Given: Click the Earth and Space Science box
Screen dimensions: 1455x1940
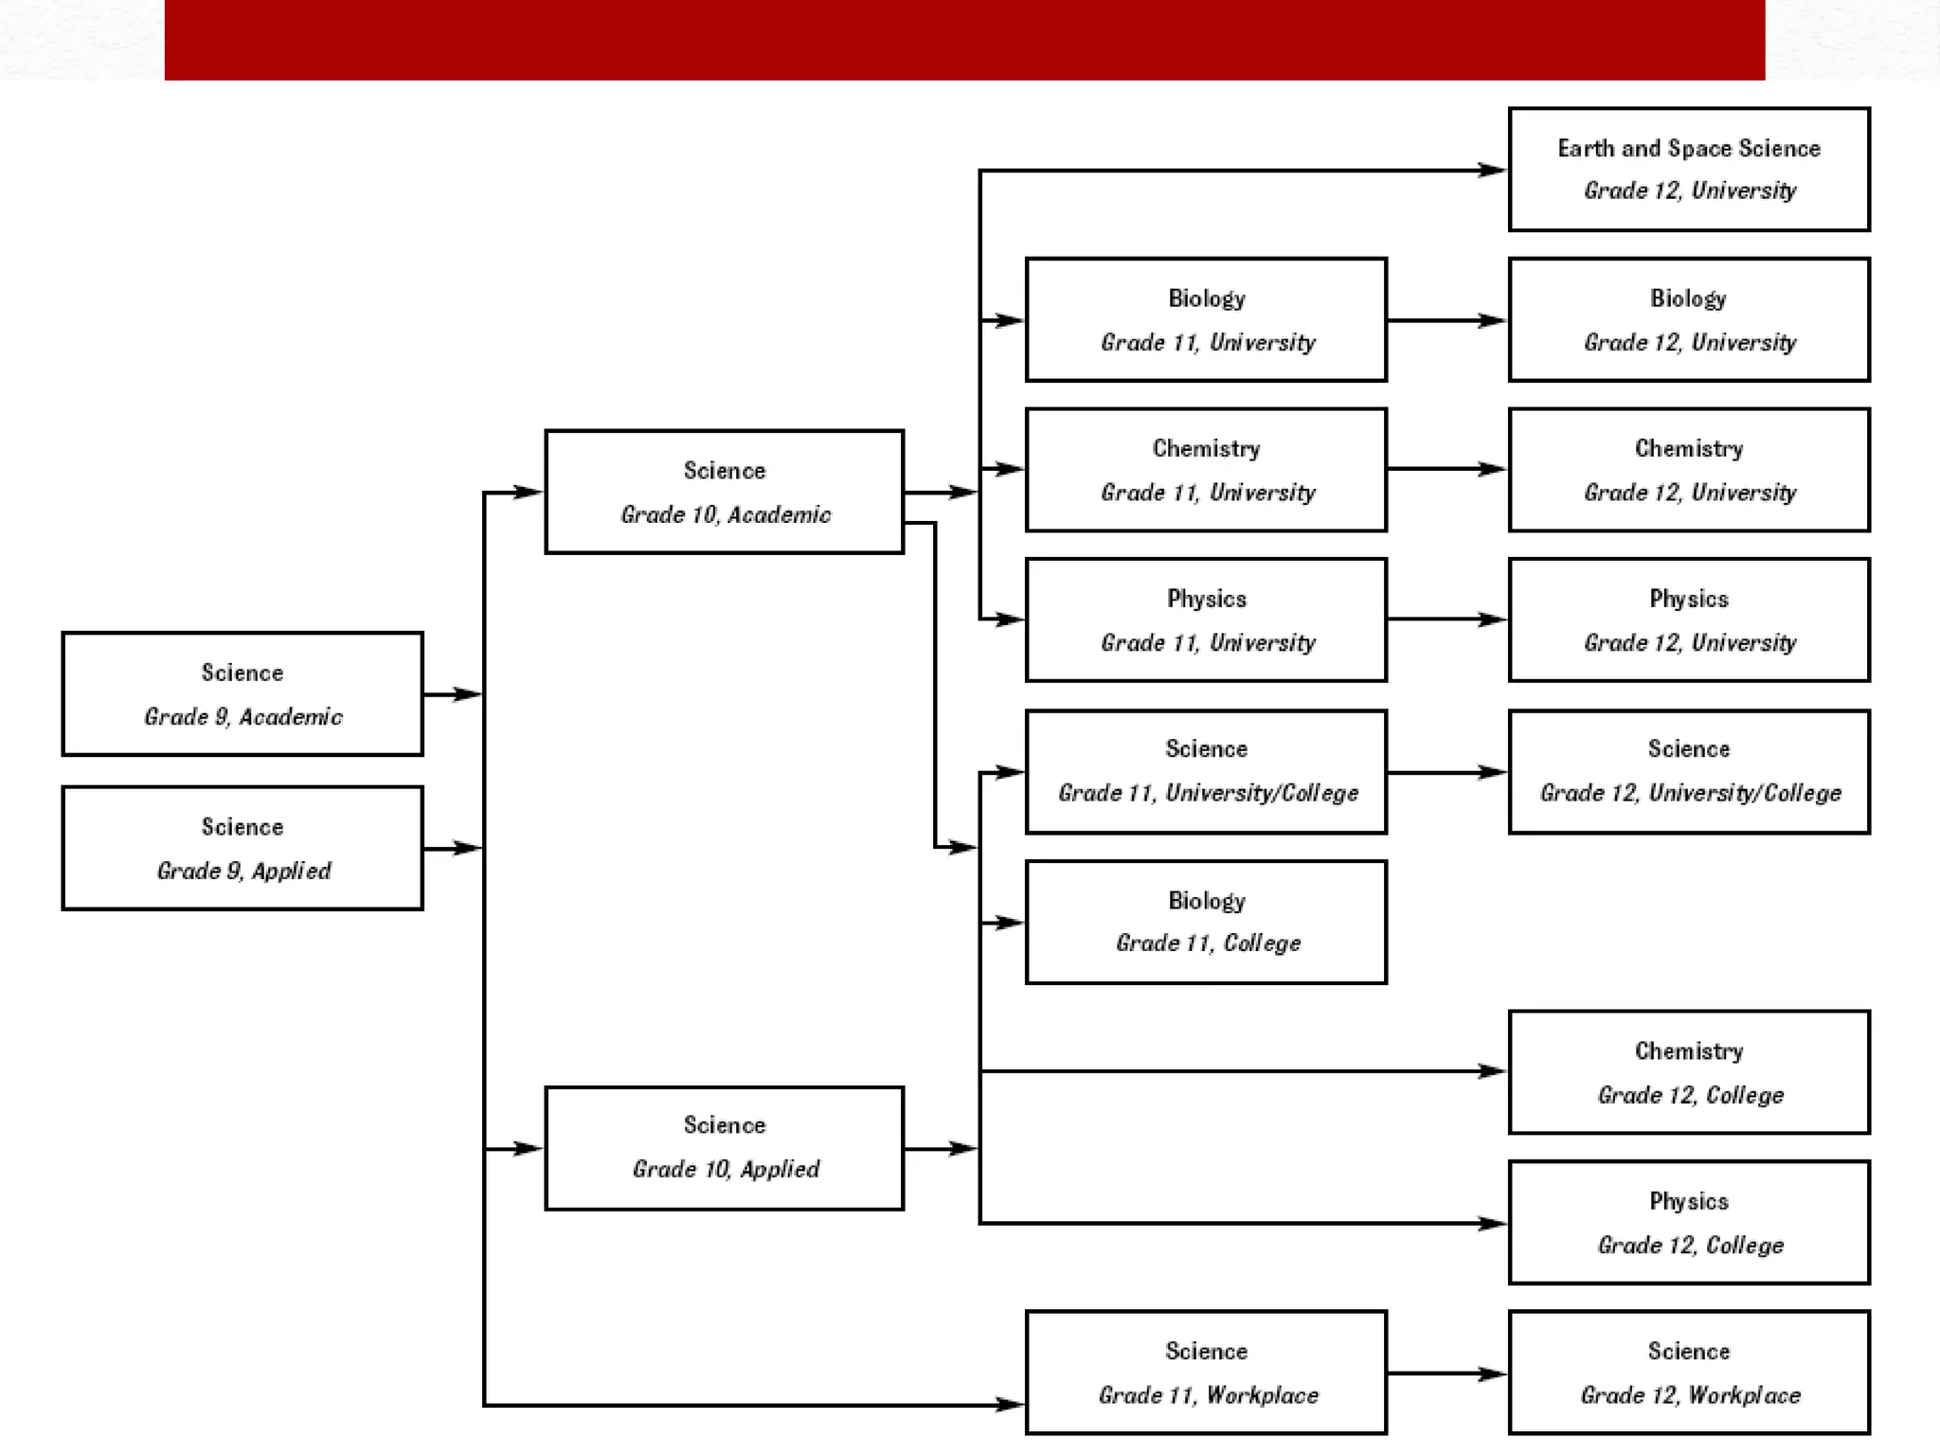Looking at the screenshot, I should (x=1688, y=170).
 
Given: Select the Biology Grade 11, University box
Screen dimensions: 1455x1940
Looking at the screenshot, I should (x=1206, y=320).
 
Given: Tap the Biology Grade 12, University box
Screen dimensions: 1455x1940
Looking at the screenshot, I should (x=1688, y=320).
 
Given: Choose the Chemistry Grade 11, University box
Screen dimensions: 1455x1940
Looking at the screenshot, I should (x=1206, y=470).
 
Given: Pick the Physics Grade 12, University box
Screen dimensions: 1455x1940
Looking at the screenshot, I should (x=1688, y=620).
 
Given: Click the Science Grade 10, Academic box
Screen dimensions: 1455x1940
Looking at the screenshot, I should (x=724, y=492).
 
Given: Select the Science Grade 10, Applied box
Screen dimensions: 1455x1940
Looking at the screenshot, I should (x=724, y=1148).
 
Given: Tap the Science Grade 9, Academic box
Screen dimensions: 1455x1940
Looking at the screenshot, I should (x=242, y=694).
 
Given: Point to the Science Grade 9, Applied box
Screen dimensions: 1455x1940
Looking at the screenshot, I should (x=242, y=848).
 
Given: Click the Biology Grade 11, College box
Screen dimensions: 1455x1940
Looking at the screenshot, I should (x=1206, y=922).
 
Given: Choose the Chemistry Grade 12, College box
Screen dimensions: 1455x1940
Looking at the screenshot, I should (x=1688, y=1072).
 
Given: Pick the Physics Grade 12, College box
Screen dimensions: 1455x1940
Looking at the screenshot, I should (x=1688, y=1223).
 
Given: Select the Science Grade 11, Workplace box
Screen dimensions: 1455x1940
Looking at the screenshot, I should (x=1206, y=1373).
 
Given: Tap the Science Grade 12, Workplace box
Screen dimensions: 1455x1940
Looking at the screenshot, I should (x=1688, y=1373).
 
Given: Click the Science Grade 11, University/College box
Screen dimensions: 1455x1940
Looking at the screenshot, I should (x=1206, y=772).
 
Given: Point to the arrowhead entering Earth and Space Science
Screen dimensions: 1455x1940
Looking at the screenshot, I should (x=1492, y=171).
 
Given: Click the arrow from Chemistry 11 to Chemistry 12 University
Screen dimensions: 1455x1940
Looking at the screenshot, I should (x=1446, y=469).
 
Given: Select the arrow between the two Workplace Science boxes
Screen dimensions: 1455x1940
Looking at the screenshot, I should (x=1446, y=1374).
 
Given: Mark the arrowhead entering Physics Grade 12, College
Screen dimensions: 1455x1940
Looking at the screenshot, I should (x=1492, y=1223).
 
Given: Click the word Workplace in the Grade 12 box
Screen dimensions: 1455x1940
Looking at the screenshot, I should (x=1744, y=1395).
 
